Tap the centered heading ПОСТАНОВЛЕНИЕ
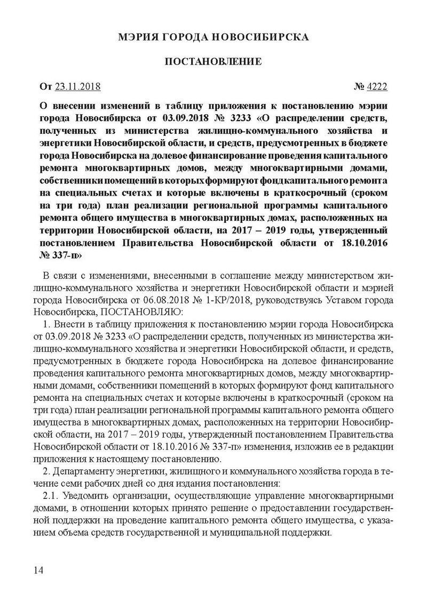[x=213, y=62]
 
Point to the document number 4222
[x=376, y=86]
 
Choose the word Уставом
[x=340, y=300]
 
